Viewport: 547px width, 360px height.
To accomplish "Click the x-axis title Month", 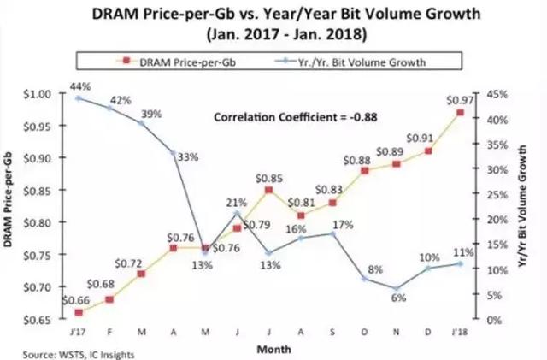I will click(x=272, y=349).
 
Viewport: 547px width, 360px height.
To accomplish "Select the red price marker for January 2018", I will click(x=461, y=111).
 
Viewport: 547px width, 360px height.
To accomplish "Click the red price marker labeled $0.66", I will click(x=80, y=312).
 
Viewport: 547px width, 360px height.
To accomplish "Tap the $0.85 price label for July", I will click(x=270, y=178).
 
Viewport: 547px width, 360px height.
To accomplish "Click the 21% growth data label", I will click(x=236, y=202).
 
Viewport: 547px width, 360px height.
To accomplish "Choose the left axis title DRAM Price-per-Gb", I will click(x=9, y=206).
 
